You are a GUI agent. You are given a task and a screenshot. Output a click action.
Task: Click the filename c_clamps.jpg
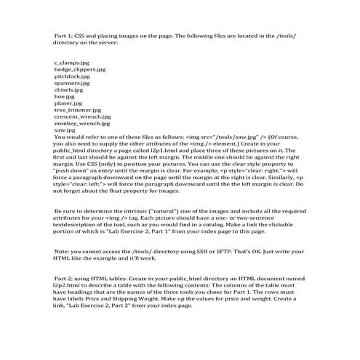pyautogui.click(x=71, y=63)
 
